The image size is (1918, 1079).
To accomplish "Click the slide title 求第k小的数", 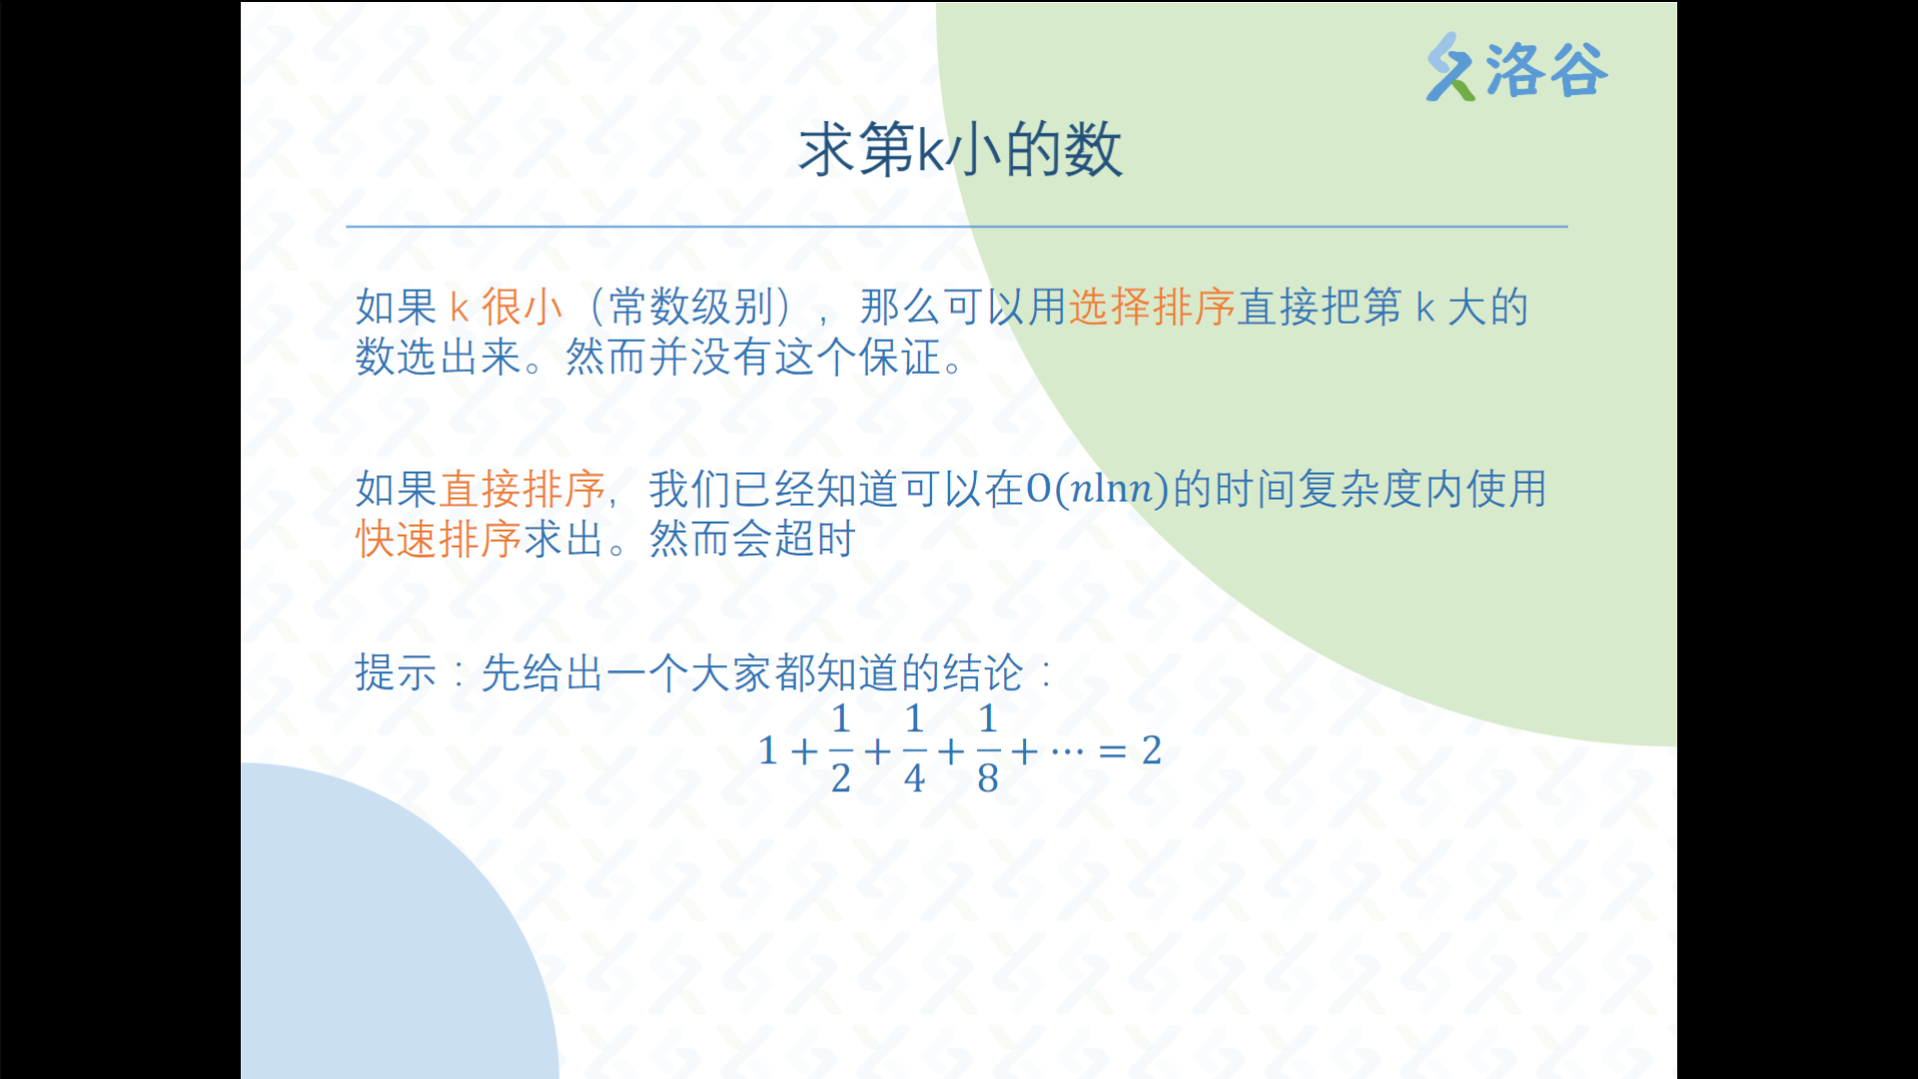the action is [960, 150].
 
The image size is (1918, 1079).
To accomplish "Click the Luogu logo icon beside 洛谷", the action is [1450, 67].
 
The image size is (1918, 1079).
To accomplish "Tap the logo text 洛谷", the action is [1546, 70].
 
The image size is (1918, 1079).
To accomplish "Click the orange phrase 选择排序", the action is [1152, 307].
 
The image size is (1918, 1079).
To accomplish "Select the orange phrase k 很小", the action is [505, 307].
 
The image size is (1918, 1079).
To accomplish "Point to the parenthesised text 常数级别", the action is [691, 307].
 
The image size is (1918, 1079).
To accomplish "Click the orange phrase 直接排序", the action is [522, 489].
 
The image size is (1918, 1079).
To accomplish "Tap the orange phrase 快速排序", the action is [439, 539].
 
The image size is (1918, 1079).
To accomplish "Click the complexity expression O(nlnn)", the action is [1097, 489].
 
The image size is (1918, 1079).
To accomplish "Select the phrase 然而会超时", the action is [752, 539].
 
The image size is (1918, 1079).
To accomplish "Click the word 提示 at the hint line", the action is [397, 672].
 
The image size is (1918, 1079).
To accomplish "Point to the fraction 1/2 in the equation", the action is [841, 748].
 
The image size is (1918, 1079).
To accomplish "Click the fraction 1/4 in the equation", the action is [914, 748].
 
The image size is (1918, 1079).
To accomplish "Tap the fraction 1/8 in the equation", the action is [988, 748].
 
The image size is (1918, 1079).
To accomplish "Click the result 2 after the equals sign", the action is [1152, 749].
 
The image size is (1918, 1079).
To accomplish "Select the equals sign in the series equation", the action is [1113, 750].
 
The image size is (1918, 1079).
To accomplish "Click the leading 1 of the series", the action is [768, 750].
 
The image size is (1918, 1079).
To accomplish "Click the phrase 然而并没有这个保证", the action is [753, 357].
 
